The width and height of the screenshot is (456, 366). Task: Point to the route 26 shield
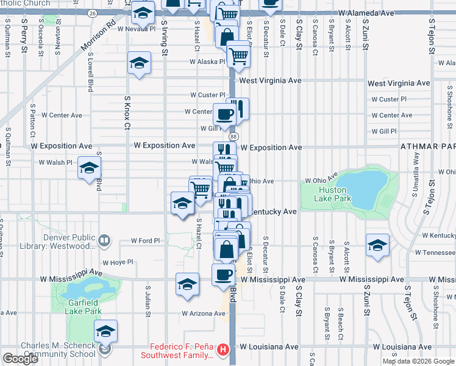coord(91,12)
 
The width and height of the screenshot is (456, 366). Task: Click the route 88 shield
coord(233,137)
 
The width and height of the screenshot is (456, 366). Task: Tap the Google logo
coord(20,359)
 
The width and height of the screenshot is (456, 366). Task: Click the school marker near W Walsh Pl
coord(89,168)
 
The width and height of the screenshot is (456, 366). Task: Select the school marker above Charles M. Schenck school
coord(106,331)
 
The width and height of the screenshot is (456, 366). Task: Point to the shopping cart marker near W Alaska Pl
coord(238,56)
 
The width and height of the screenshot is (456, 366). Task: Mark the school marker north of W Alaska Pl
coord(139,63)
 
